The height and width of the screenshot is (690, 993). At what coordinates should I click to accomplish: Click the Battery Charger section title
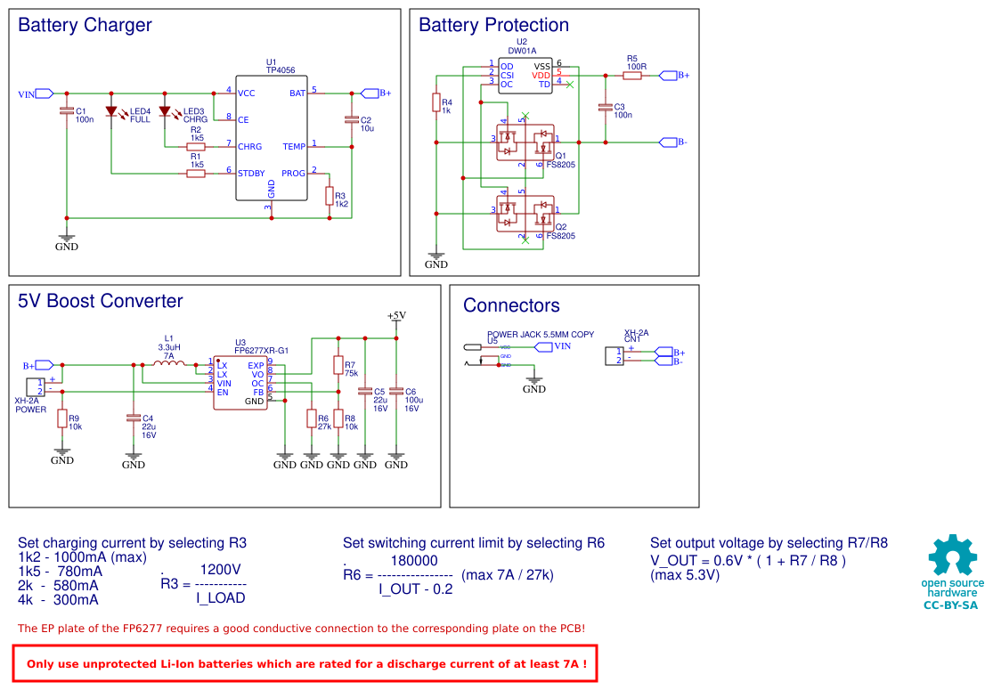click(85, 26)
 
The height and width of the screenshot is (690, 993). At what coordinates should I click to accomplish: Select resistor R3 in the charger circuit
click(330, 196)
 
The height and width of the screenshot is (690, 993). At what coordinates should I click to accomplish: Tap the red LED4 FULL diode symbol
click(111, 112)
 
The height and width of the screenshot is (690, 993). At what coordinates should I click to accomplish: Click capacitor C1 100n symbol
click(67, 111)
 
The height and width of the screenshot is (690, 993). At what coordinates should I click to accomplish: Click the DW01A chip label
click(521, 51)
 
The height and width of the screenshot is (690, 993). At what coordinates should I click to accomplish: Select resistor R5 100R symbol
click(632, 76)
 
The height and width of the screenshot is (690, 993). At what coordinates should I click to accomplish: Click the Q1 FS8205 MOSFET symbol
click(525, 142)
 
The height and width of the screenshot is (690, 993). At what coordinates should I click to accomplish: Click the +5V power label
click(396, 316)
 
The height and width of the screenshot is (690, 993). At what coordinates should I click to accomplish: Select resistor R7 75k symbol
click(338, 365)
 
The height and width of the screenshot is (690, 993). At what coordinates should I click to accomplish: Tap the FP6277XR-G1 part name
click(262, 351)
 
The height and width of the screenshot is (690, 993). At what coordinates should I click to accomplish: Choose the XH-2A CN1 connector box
click(615, 356)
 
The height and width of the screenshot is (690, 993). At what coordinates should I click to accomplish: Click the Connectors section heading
click(511, 306)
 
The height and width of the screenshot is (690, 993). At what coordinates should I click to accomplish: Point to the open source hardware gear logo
click(952, 556)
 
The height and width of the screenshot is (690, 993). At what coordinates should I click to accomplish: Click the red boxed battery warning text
click(306, 663)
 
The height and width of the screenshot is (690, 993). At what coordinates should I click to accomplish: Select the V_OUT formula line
click(748, 561)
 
